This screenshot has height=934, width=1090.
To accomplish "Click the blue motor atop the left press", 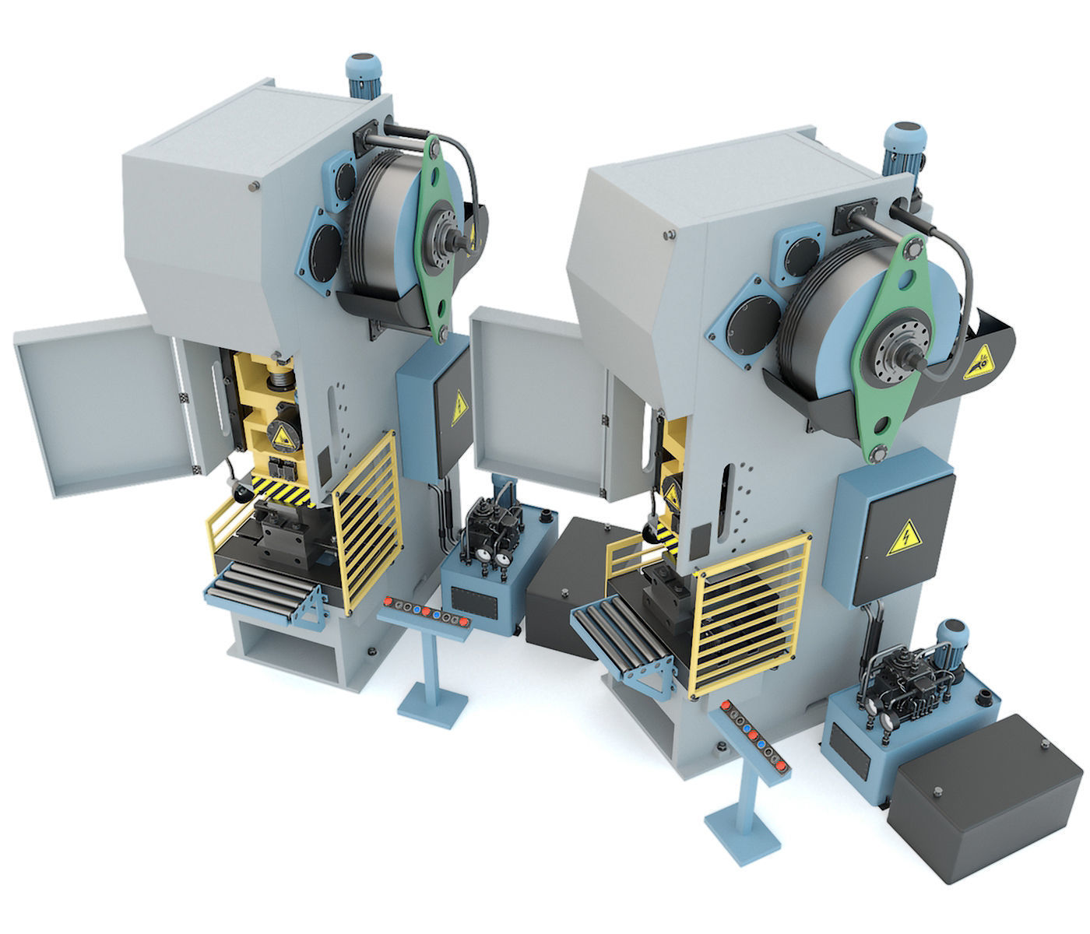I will (x=362, y=75).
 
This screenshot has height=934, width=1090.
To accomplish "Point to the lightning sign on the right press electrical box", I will (x=906, y=538).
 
